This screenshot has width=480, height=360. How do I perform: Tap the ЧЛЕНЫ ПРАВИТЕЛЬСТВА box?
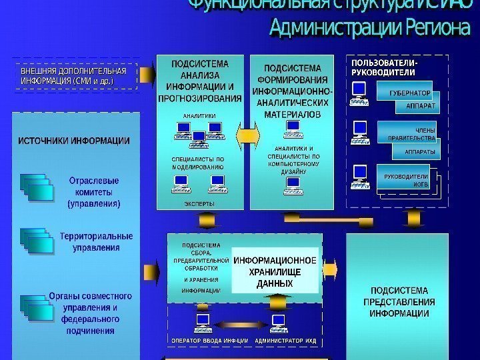coord(408,133)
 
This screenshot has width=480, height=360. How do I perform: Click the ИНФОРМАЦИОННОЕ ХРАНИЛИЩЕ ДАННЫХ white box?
coord(275,272)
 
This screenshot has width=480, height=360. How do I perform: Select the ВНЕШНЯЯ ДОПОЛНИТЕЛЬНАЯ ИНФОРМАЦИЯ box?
coord(73,75)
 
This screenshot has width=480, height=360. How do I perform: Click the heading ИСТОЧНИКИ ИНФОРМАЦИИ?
coord(74,141)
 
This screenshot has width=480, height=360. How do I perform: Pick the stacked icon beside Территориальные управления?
coord(37,241)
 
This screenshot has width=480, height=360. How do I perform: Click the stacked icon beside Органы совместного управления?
coord(37,306)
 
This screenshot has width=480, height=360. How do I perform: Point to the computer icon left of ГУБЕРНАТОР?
coord(359,93)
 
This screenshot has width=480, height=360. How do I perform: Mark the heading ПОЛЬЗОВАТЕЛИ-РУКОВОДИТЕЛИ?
coord(383,67)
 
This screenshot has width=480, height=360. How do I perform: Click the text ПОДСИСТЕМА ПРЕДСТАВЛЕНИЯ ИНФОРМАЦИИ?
coord(402,301)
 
